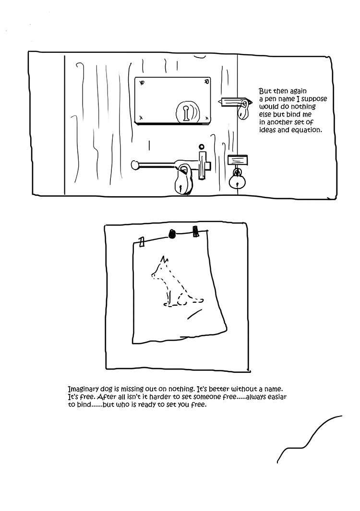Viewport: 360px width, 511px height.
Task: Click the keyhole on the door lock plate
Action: point(186,113)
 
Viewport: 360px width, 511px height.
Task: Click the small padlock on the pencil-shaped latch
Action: point(242,110)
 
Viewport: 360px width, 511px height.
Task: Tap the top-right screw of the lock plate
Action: point(205,82)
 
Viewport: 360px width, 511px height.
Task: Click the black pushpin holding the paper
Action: point(172,233)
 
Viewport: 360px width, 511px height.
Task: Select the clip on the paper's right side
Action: point(195,231)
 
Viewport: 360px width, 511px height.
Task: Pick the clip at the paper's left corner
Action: point(142,242)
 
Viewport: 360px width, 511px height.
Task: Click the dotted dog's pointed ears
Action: point(164,260)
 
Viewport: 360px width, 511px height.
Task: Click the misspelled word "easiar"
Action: point(276,397)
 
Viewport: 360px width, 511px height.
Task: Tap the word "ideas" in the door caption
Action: point(267,130)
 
